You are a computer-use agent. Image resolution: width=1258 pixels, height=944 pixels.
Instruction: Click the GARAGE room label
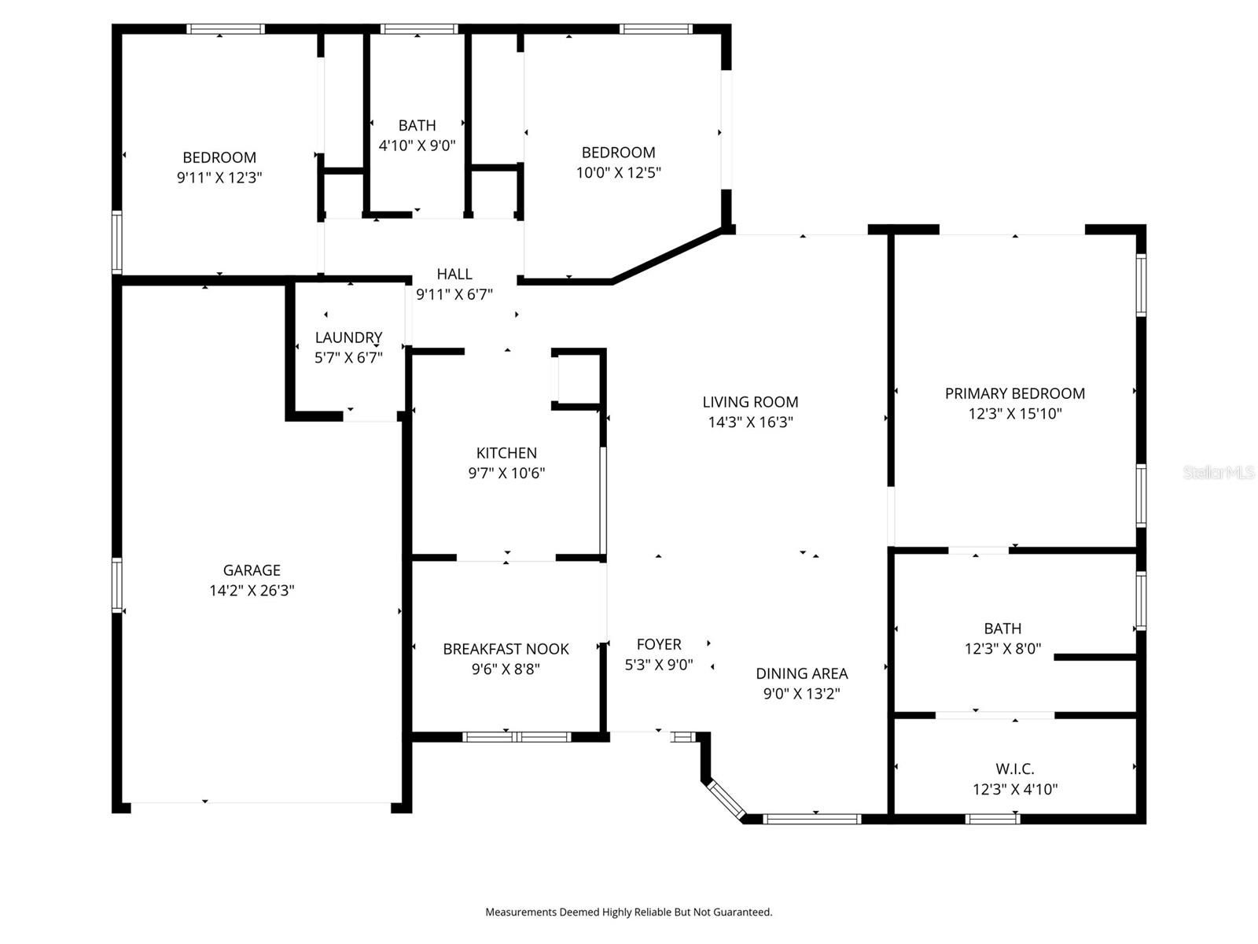pos(252,570)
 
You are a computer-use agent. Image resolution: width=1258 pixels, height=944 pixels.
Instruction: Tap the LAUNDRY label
pos(348,337)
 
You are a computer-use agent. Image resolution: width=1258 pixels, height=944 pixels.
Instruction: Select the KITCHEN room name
pos(506,453)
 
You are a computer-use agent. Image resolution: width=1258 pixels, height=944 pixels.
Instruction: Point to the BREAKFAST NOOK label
pos(506,649)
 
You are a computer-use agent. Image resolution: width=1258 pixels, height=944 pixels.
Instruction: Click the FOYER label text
pos(659,644)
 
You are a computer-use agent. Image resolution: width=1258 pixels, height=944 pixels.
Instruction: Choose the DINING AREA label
pos(801,673)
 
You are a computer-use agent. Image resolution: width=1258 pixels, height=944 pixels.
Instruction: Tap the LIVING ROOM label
pos(750,402)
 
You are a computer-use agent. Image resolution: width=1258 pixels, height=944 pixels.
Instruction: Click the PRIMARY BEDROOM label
pos(1014,393)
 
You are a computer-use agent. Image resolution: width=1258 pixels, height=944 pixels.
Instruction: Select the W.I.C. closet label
pos(1014,769)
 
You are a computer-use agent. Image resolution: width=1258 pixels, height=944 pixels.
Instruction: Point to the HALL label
pos(454,274)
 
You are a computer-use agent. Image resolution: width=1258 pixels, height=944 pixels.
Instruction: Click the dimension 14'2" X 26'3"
pos(252,590)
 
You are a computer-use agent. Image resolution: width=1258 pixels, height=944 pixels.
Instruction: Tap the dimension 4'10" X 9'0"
pos(417,145)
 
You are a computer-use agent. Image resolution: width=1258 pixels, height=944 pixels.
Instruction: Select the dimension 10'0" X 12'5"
pos(618,172)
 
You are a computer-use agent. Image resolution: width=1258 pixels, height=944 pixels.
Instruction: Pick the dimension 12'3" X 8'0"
pos(1002,649)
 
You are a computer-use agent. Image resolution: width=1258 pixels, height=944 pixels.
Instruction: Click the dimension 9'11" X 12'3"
pos(219,178)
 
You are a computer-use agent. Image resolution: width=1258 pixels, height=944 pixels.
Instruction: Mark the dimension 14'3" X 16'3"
pos(750,422)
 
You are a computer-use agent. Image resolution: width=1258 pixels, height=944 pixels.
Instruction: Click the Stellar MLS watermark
pos(1219,472)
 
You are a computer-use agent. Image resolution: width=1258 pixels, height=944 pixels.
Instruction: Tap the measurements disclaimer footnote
pos(629,912)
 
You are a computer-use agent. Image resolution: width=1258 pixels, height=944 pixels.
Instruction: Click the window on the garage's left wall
pos(117,584)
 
